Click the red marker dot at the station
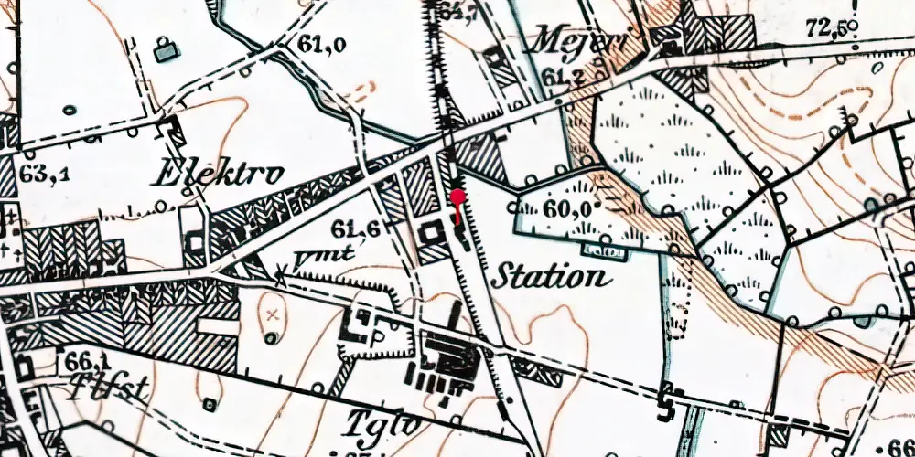pyautogui.click(x=457, y=196)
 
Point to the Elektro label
pyautogui.click(x=220, y=173)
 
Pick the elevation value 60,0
pyautogui.click(x=564, y=207)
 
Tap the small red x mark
pyautogui.click(x=272, y=314)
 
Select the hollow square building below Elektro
pyautogui.click(x=195, y=240)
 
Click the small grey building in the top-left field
pyautogui.click(x=165, y=51)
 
